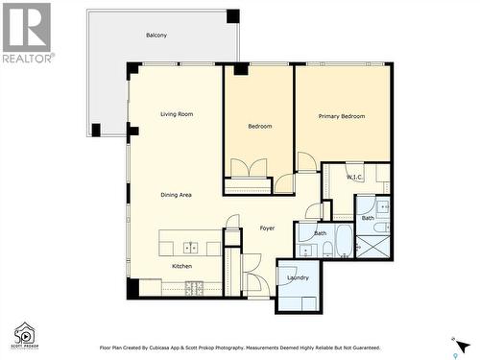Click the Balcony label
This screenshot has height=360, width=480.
pos(156,36)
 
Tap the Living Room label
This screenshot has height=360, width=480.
pos(177,114)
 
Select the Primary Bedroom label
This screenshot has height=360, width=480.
pos(342,116)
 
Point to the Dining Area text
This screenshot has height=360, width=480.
pos(176,195)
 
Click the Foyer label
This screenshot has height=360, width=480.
pos(267,228)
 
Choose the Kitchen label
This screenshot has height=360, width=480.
pos(181,266)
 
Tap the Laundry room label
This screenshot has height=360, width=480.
pos(298,277)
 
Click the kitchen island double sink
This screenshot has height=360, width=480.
pos(190,248)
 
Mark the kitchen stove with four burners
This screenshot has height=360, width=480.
pos(192,286)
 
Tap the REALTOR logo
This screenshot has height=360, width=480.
pos(26,33)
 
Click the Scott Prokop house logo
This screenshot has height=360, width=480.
pos(24,334)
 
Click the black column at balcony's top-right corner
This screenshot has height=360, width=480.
pos(232,16)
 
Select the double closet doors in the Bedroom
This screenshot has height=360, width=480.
pos(249,168)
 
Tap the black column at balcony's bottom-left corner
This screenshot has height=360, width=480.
pos(96,130)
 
